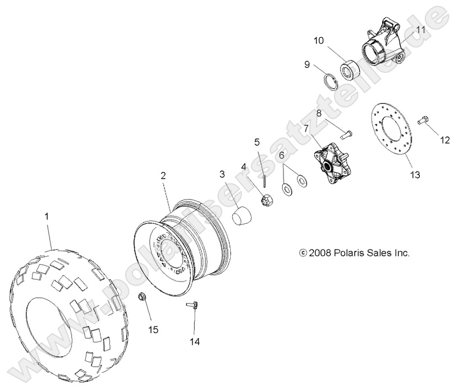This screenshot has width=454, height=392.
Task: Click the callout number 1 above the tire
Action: tap(47, 216)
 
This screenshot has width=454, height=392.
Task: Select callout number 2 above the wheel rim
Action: tap(163, 176)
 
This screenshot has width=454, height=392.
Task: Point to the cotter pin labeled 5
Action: tap(263, 179)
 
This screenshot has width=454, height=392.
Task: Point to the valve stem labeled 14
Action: tap(192, 306)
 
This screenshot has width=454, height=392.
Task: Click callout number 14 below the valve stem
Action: tap(194, 340)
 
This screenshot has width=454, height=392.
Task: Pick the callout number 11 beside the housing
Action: tap(421, 29)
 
